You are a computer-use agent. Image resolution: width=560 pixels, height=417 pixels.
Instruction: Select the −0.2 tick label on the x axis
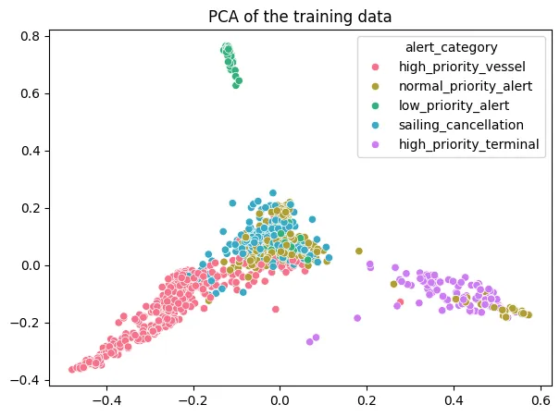click(x=192, y=403)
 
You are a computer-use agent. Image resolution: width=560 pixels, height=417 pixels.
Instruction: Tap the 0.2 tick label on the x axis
click(x=367, y=403)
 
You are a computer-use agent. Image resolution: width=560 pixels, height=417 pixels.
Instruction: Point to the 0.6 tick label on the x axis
click(x=541, y=403)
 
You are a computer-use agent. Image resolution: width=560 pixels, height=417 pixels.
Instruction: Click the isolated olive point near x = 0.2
click(x=359, y=251)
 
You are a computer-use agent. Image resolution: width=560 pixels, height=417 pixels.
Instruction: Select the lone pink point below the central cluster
click(x=275, y=310)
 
